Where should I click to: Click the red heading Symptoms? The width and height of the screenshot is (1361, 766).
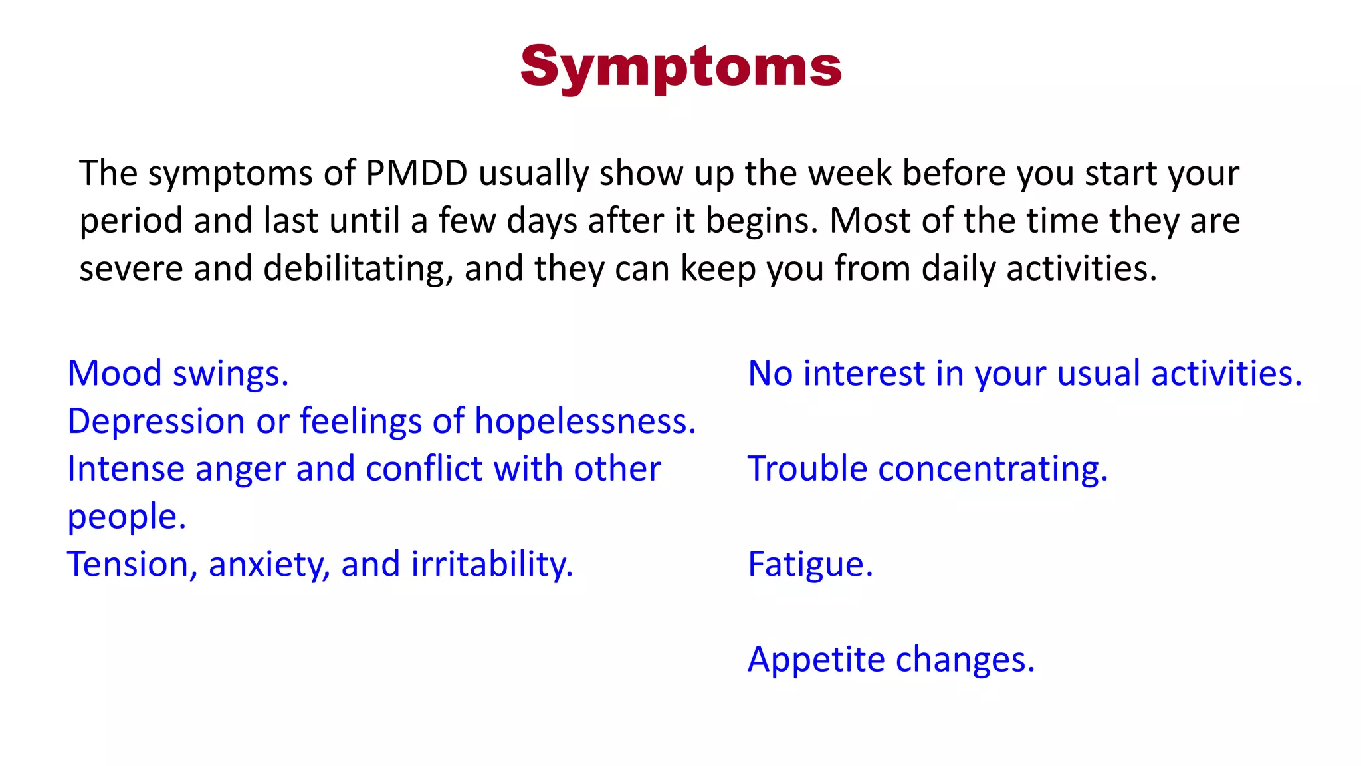pyautogui.click(x=680, y=66)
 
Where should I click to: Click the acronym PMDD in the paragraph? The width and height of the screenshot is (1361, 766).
pyautogui.click(x=417, y=173)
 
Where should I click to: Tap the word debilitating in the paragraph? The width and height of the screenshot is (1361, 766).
pyautogui.click(x=358, y=269)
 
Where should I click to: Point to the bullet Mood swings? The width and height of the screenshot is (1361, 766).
pyautogui.click(x=178, y=374)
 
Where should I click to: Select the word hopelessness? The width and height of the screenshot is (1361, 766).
pyautogui.click(x=585, y=422)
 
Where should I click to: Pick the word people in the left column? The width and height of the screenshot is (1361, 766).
pyautogui.click(x=126, y=517)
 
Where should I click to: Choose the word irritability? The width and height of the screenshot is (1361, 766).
pyautogui.click(x=492, y=565)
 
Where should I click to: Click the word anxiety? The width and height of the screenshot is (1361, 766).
pyautogui.click(x=269, y=565)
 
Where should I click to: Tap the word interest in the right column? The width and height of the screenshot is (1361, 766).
pyautogui.click(x=864, y=374)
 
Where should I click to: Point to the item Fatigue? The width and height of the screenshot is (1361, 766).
pyautogui.click(x=810, y=565)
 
